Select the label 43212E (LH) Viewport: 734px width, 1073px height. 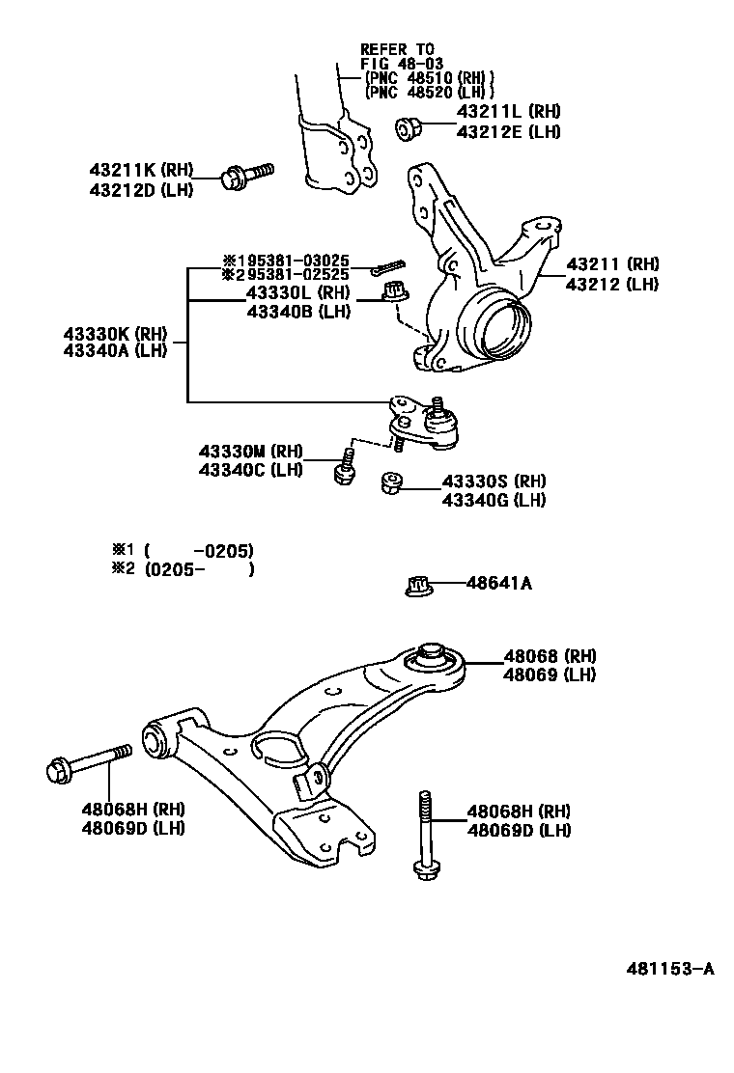pyautogui.click(x=508, y=132)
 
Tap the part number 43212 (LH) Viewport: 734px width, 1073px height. pyautogui.click(x=612, y=284)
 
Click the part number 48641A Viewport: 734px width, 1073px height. pyautogui.click(x=498, y=583)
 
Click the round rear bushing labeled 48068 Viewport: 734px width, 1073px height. pyautogui.click(x=432, y=661)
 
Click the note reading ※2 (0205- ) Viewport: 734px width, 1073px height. pyautogui.click(x=183, y=569)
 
